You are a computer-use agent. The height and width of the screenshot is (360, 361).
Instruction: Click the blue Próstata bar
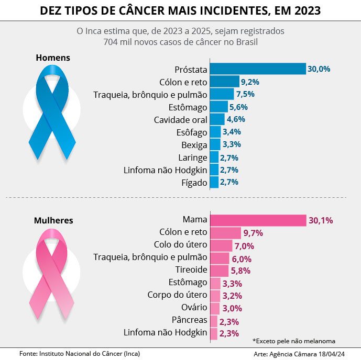(x=258, y=69)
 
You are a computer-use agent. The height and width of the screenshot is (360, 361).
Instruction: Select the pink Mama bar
(x=258, y=220)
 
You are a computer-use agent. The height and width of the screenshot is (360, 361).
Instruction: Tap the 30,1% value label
(x=320, y=220)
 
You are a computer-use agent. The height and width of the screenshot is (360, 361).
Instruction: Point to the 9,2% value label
(x=250, y=82)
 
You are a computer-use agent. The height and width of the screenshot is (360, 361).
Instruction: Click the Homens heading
(x=53, y=58)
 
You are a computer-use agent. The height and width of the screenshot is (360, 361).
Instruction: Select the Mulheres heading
(x=54, y=220)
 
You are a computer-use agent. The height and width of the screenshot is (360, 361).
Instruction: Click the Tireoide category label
(x=191, y=270)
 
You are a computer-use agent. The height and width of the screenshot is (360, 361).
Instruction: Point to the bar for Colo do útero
(x=221, y=245)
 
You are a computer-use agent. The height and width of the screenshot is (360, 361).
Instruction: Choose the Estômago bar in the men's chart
(x=219, y=107)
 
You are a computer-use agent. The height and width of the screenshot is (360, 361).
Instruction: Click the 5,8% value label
(x=240, y=271)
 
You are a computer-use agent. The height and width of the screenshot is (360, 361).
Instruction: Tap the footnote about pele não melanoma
(x=293, y=340)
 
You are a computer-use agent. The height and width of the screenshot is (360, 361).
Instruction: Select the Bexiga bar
(x=215, y=144)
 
